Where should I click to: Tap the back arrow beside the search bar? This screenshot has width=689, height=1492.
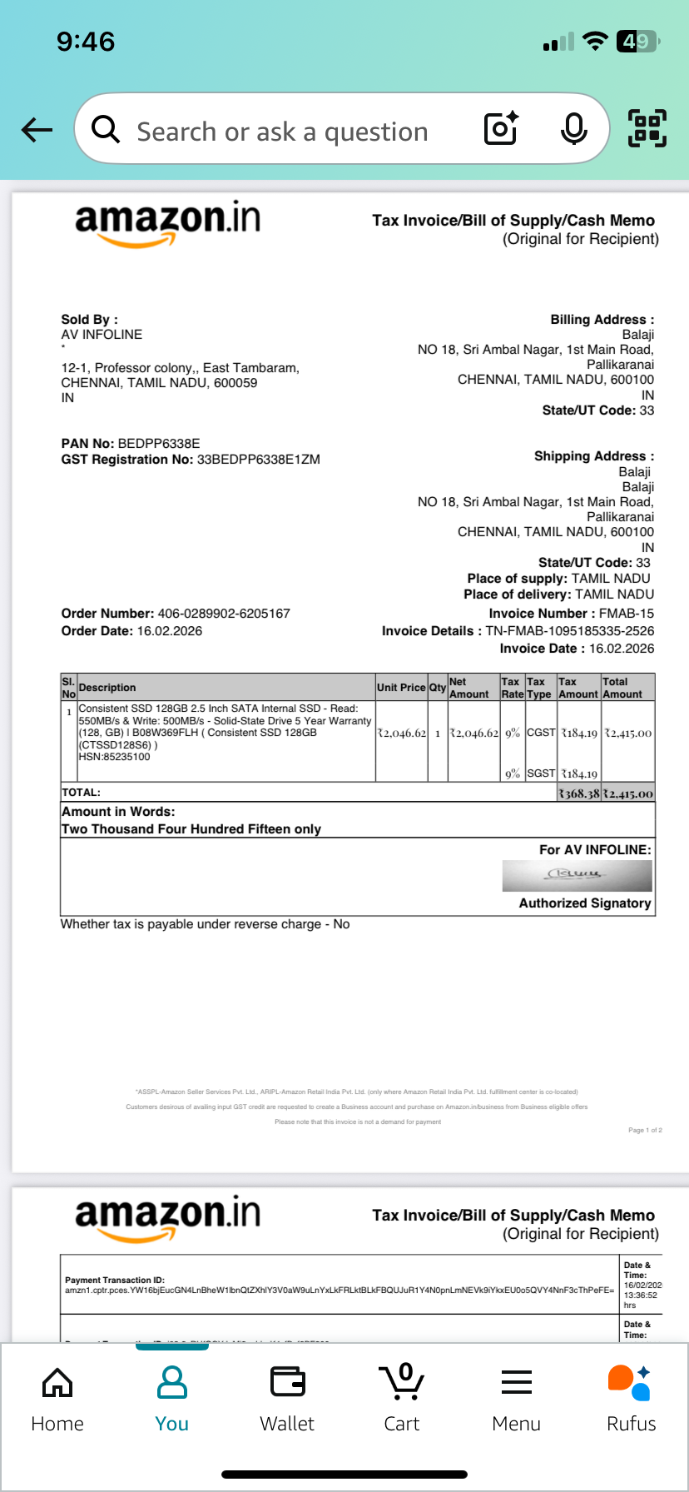click(37, 130)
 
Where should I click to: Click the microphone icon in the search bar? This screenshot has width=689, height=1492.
click(573, 129)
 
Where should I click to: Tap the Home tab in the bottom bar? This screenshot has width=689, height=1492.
click(57, 1399)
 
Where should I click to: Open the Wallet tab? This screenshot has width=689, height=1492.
click(287, 1399)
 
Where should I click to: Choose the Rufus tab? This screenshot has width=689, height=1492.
click(631, 1399)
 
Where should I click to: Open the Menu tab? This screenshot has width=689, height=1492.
click(516, 1399)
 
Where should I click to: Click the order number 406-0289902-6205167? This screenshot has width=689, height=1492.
click(224, 614)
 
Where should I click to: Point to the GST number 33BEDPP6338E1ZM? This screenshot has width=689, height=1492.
click(258, 460)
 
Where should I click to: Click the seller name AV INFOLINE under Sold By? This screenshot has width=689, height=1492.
click(102, 335)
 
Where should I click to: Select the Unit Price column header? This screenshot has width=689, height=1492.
click(401, 688)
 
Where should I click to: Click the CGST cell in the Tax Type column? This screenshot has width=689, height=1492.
click(541, 733)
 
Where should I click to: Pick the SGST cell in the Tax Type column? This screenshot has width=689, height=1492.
click(541, 773)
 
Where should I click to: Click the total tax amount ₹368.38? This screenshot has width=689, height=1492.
click(578, 793)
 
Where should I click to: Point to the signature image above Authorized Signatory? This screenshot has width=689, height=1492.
click(577, 875)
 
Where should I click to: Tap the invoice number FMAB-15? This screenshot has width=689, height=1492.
click(626, 614)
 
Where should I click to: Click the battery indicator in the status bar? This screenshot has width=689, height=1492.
click(637, 42)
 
